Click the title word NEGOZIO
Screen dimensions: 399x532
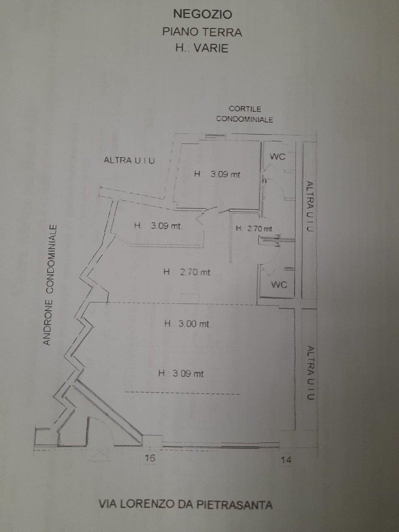(x=202, y=14)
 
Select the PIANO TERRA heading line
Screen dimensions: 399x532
(x=202, y=32)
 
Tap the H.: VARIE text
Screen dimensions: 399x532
(x=202, y=48)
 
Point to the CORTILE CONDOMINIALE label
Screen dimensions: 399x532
(x=244, y=114)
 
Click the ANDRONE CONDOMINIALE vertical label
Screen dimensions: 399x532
(x=50, y=285)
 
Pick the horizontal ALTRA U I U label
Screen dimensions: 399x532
(x=129, y=160)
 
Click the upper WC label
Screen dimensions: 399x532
(x=278, y=157)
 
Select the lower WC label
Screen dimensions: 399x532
(x=279, y=285)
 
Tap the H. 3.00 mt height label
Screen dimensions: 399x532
(x=187, y=324)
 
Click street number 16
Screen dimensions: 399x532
(x=150, y=458)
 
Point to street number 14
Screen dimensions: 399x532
(x=286, y=460)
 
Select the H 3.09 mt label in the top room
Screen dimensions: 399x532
(x=217, y=174)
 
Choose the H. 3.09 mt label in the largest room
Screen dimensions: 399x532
(x=181, y=374)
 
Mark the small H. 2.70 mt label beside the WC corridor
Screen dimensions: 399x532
(x=254, y=228)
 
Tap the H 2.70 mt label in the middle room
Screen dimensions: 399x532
(x=187, y=272)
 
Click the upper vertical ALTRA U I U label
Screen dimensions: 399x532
(x=310, y=207)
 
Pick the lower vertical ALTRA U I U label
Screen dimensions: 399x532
(x=310, y=373)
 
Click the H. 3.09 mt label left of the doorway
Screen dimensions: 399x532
(x=158, y=226)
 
